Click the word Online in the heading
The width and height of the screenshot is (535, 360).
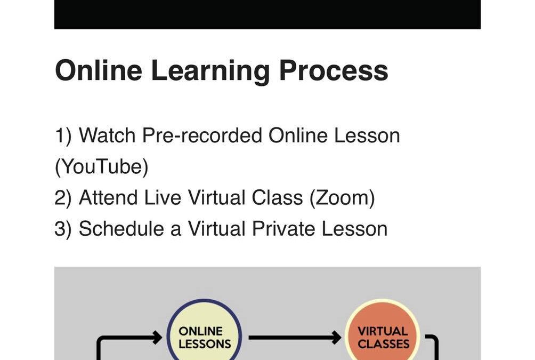tap(99, 70)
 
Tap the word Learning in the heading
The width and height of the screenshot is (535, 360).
tap(210, 71)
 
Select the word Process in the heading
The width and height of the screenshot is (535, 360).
tap(334, 70)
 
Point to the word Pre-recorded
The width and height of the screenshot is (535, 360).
tap(202, 135)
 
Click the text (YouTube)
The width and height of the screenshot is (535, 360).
tap(102, 167)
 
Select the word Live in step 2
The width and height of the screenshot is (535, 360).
tap(163, 197)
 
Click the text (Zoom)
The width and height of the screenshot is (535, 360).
tap(342, 198)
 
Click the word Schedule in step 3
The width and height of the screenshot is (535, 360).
tap(121, 228)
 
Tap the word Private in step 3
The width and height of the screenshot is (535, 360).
tap(283, 228)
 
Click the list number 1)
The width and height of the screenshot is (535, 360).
tap(63, 136)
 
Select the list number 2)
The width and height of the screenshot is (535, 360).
tap(63, 198)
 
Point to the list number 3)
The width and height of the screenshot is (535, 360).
tap(63, 229)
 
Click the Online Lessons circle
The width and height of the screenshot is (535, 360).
tap(205, 335)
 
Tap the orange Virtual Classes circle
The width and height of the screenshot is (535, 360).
tap(383, 335)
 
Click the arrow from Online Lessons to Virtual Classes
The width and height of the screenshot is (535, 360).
tap(295, 338)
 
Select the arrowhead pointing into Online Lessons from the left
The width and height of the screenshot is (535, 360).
tap(158, 338)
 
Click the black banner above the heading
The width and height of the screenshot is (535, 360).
tap(267, 14)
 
